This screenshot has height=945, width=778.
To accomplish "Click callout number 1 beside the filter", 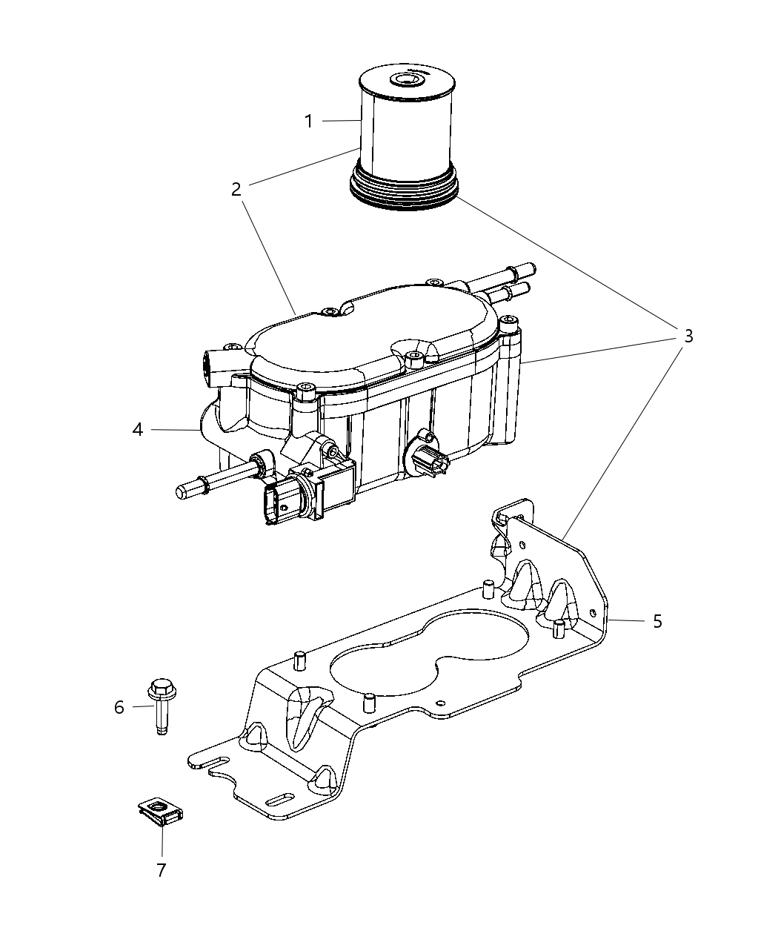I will [310, 121].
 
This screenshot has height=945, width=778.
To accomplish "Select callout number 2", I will [236, 189].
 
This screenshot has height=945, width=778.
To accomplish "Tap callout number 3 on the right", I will [688, 336].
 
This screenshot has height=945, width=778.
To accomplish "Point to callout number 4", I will [138, 429].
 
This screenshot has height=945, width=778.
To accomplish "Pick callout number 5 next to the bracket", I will [657, 621].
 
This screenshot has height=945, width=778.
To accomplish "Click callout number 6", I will [119, 707].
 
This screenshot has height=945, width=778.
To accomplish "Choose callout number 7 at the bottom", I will [161, 869].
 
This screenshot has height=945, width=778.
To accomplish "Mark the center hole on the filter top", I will [406, 79].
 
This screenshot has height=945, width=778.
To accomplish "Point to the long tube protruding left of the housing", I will [215, 480].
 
